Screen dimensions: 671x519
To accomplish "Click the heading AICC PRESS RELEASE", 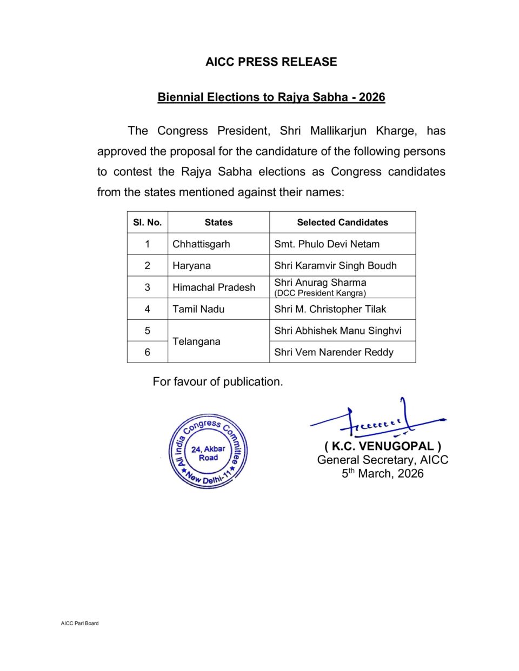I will click(271, 62).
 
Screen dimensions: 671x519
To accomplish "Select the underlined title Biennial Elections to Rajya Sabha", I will click(271, 97).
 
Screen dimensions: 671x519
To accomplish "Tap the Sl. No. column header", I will click(148, 222).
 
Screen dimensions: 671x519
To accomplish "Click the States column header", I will click(218, 222).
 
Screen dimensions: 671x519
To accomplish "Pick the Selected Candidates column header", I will click(342, 222).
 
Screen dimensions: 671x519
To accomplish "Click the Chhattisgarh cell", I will click(201, 244).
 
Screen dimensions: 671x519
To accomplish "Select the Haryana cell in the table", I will click(191, 266).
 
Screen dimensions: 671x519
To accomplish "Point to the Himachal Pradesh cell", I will click(214, 287).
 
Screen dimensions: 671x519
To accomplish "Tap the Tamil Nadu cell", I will click(198, 309).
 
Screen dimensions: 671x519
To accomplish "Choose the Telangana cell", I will click(196, 341).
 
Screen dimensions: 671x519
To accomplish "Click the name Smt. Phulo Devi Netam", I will click(327, 244).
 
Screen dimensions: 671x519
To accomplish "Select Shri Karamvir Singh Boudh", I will click(335, 266).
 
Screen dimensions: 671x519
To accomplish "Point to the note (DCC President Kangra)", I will click(320, 293).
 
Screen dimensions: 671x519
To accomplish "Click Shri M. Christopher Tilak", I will click(330, 309).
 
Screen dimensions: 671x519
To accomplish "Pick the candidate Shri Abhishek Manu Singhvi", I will click(337, 331).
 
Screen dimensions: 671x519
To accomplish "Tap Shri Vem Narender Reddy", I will click(334, 352).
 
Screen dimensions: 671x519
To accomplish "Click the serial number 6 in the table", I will click(147, 352).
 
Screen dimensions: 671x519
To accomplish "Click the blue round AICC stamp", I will click(208, 452).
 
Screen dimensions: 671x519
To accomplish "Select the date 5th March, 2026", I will click(382, 474).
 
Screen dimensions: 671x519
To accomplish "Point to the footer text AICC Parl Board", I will click(79, 623).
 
